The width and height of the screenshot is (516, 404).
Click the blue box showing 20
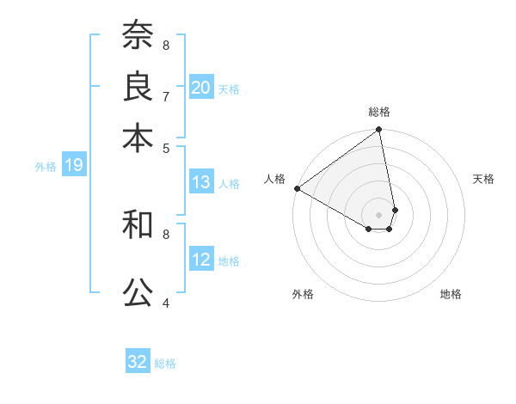tap(201, 87)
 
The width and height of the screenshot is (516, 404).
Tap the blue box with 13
tap(201, 182)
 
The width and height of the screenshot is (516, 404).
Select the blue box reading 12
tap(201, 260)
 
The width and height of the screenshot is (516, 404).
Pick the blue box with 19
tap(74, 165)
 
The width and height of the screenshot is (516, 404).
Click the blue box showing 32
tap(138, 362)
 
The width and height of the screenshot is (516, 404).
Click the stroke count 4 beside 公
tap(166, 303)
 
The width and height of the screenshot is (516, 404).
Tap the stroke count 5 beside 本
tap(166, 147)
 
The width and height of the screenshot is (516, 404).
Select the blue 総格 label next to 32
tap(165, 364)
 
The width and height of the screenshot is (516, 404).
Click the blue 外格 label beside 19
tap(46, 167)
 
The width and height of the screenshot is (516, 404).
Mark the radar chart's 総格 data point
tap(379, 131)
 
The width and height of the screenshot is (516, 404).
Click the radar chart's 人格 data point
tap(297, 188)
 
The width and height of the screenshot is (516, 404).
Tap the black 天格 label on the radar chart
tap(483, 179)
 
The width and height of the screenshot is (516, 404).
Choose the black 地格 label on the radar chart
tap(451, 294)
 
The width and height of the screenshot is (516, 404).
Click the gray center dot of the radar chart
tap(379, 214)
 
